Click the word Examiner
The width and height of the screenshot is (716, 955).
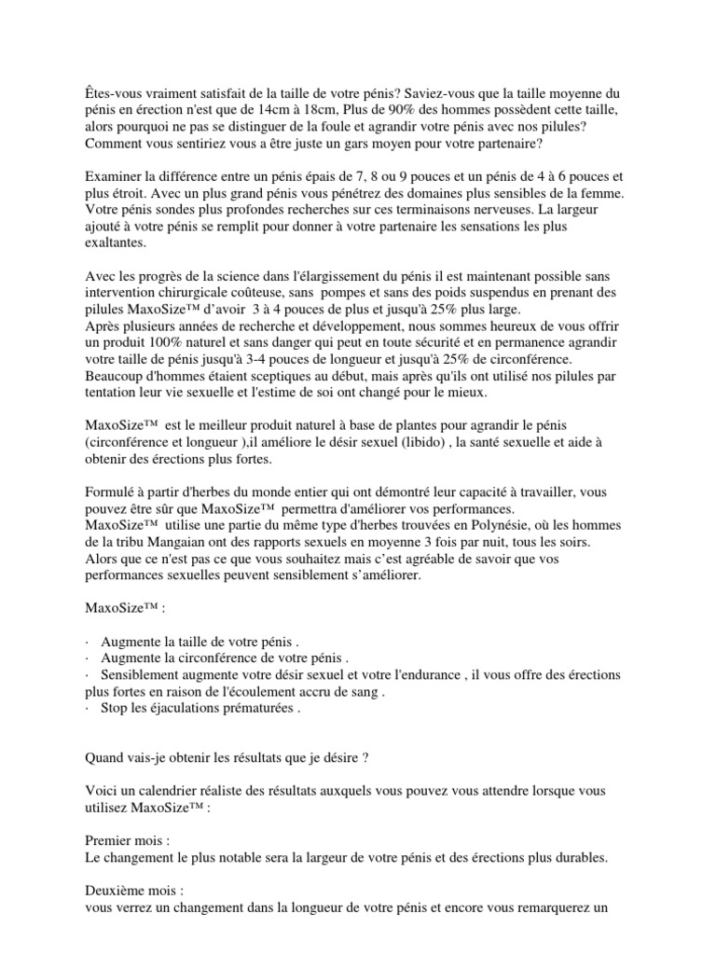(x=116, y=176)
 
